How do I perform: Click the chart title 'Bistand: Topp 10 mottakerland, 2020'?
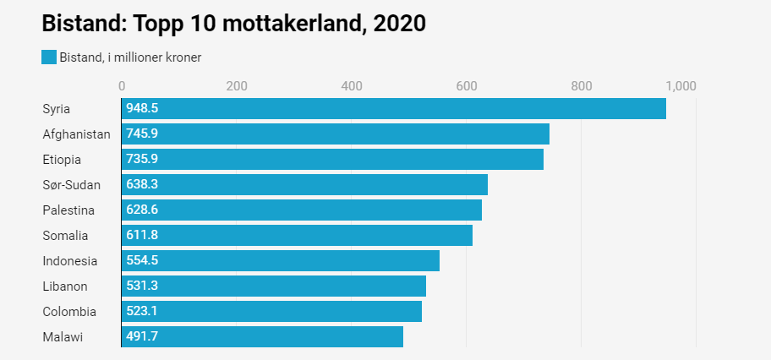[233, 23]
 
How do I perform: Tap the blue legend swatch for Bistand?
[48, 57]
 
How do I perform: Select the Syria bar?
[393, 109]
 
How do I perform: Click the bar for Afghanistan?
[335, 134]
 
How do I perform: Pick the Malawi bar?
[262, 337]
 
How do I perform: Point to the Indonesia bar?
[280, 261]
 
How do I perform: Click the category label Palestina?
[68, 210]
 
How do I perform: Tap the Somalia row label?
[65, 236]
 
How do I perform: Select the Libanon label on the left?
[65, 286]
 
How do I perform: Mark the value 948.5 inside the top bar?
[142, 109]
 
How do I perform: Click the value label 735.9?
[142, 160]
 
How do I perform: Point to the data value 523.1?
[142, 312]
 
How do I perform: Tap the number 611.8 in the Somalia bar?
[142, 236]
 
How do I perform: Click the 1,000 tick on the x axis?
[681, 85]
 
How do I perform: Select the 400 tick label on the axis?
[352, 85]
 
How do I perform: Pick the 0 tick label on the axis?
[122, 85]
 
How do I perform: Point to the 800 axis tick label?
[581, 85]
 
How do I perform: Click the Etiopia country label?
[62, 160]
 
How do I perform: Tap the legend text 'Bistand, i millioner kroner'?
[130, 57]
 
